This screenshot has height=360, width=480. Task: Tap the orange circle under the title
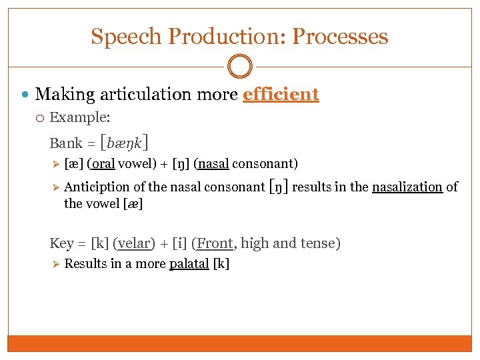tap(240, 67)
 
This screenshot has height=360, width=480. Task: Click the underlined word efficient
tap(281, 94)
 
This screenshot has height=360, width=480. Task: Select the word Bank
tap(66, 143)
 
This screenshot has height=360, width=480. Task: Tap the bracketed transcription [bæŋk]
tap(123, 142)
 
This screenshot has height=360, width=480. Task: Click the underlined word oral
tap(101, 163)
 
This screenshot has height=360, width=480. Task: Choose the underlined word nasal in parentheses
tap(213, 163)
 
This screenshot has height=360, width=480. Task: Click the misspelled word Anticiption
tap(97, 187)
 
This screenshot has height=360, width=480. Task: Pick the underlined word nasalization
tap(407, 187)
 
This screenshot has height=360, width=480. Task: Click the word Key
tap(61, 243)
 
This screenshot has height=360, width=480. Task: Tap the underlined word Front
tap(215, 243)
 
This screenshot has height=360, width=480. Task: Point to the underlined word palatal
tap(189, 263)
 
